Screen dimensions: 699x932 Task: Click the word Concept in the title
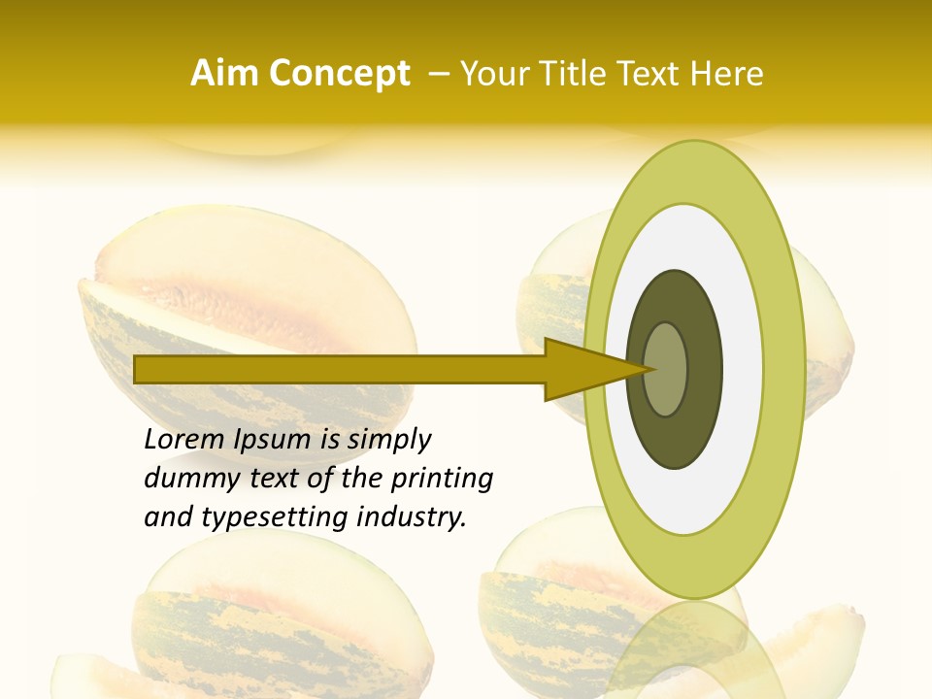tap(339, 73)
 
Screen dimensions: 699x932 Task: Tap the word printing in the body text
tap(442, 480)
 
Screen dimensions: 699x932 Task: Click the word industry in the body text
tap(410, 517)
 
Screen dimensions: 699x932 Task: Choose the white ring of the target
tap(742, 369)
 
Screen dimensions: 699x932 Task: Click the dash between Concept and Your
tap(438, 73)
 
